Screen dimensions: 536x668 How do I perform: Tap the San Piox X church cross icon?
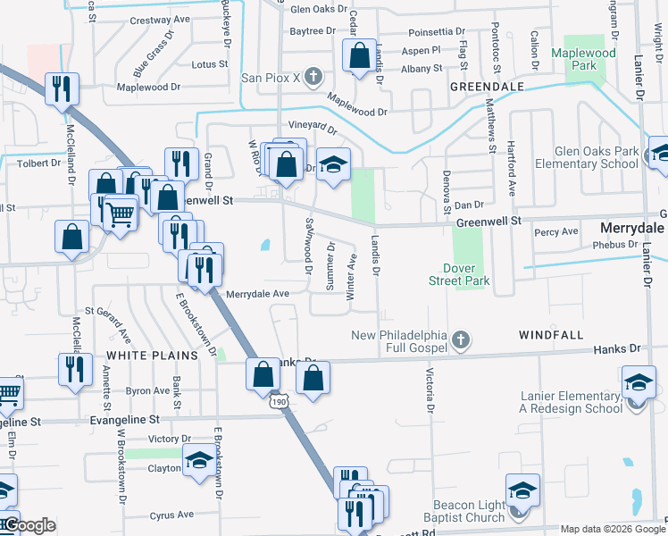pos(313,78)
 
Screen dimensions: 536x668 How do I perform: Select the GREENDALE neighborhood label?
pos(486,87)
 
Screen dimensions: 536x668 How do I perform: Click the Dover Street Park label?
pos(466,274)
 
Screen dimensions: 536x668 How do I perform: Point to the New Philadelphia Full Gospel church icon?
pos(460,339)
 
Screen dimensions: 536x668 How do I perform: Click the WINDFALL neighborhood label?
pos(551,335)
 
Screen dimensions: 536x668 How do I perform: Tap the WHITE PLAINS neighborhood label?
pos(152,356)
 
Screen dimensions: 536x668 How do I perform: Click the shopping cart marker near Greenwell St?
pos(120,213)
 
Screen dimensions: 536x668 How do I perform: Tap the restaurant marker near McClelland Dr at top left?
pos(62,88)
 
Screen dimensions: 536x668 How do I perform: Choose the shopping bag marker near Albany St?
pos(358,56)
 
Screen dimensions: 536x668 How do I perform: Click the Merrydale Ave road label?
pos(257,293)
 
